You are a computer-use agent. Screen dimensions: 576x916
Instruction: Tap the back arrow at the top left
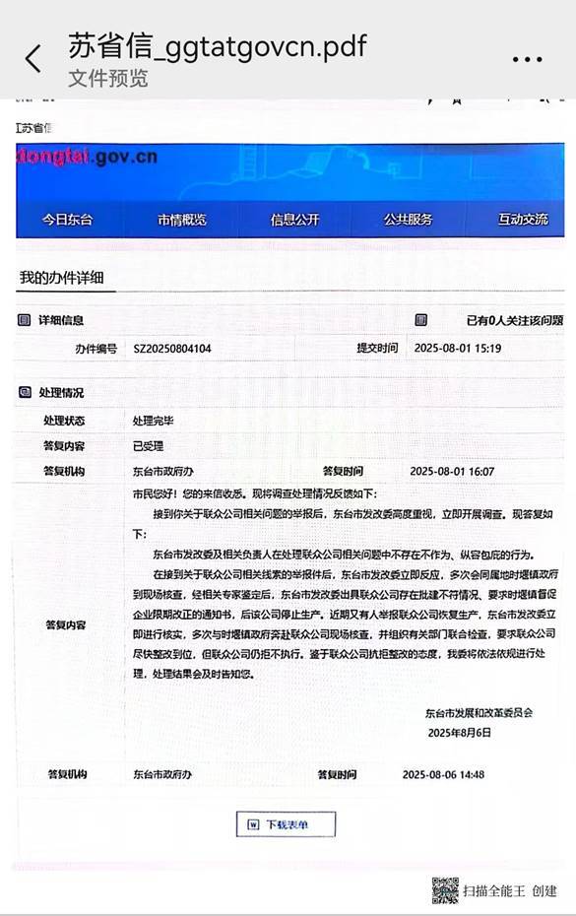tap(33, 59)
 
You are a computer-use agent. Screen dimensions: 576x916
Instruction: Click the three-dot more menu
tap(528, 59)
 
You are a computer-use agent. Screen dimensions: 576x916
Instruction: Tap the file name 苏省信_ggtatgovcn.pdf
tap(217, 46)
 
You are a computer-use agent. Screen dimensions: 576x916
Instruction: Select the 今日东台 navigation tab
tap(67, 220)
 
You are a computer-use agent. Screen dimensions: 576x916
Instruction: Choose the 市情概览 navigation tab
tap(182, 220)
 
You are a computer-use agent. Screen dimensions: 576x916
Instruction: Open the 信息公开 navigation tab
tap(295, 220)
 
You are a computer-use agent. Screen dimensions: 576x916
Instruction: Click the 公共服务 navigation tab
tap(408, 220)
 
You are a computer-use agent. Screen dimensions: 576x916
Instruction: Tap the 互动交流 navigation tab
tap(523, 220)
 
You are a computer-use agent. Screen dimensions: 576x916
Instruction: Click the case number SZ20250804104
tap(172, 349)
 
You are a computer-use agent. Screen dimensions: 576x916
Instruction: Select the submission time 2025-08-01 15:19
tap(458, 349)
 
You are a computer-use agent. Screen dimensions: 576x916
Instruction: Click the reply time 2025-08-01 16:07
tap(452, 472)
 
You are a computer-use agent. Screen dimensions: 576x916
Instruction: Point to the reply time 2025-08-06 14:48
tap(443, 775)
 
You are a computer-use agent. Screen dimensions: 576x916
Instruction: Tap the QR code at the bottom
tap(445, 889)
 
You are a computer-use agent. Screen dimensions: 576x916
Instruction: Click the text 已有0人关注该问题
tap(514, 321)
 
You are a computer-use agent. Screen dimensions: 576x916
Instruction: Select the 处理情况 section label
tap(61, 393)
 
